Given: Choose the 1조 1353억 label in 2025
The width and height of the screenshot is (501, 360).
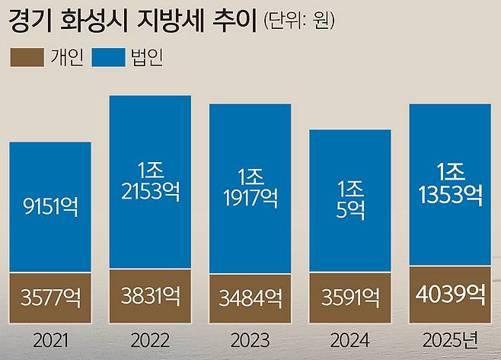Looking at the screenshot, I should [449, 183].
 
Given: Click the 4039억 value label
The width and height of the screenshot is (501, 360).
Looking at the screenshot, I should [449, 293].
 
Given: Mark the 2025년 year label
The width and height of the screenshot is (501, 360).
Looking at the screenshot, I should [450, 338].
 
